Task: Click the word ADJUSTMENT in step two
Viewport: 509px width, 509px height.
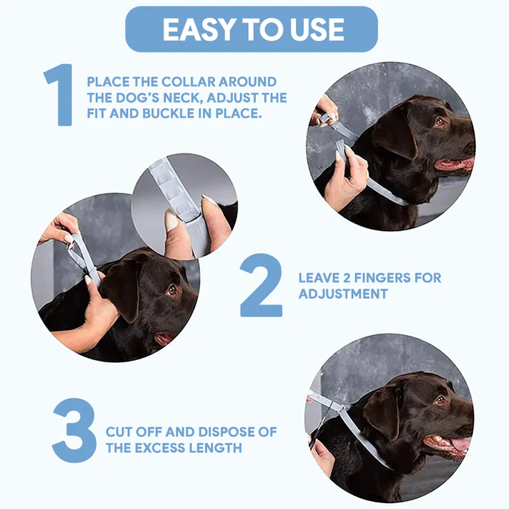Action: [342, 294]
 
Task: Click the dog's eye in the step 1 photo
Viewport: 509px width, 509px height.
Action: [438, 121]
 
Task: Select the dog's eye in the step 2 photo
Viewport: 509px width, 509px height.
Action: [172, 289]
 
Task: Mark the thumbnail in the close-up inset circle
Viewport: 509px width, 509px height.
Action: [172, 221]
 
